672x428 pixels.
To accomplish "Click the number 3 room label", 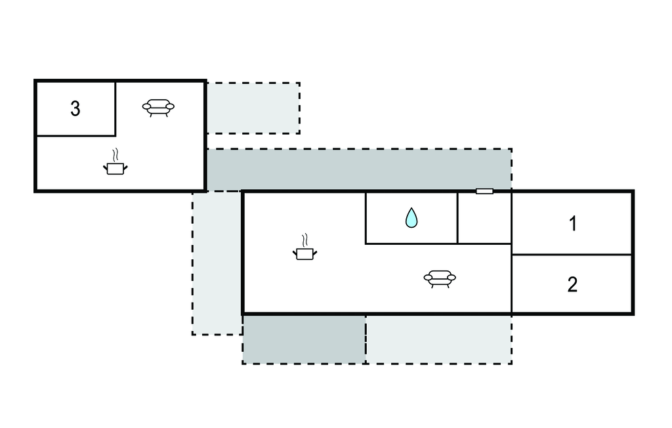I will (x=75, y=109).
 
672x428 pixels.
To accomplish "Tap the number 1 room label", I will (x=572, y=224).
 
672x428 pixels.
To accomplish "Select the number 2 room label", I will (x=572, y=285).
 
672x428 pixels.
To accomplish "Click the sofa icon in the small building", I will (x=159, y=107).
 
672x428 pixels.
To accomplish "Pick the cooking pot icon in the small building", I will (x=115, y=168).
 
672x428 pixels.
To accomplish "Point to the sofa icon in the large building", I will (x=440, y=278).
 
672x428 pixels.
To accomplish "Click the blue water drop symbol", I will (x=411, y=217).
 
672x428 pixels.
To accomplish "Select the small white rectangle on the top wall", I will (x=484, y=191).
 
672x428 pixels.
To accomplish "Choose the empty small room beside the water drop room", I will (x=484, y=218).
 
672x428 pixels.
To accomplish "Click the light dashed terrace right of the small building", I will (x=253, y=108).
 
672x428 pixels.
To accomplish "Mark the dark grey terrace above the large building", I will (x=358, y=169).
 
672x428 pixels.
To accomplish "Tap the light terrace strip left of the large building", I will (x=217, y=263).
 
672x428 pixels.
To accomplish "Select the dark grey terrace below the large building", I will (x=304, y=339).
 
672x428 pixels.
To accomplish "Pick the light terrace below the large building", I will (x=438, y=339).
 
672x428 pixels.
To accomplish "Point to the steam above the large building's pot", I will (x=304, y=240).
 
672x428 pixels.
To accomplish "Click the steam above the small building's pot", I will (x=116, y=156).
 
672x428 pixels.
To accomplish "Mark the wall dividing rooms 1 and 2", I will (x=572, y=255).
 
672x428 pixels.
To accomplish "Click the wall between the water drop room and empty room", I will (x=457, y=218).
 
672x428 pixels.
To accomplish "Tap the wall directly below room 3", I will (x=75, y=136).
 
